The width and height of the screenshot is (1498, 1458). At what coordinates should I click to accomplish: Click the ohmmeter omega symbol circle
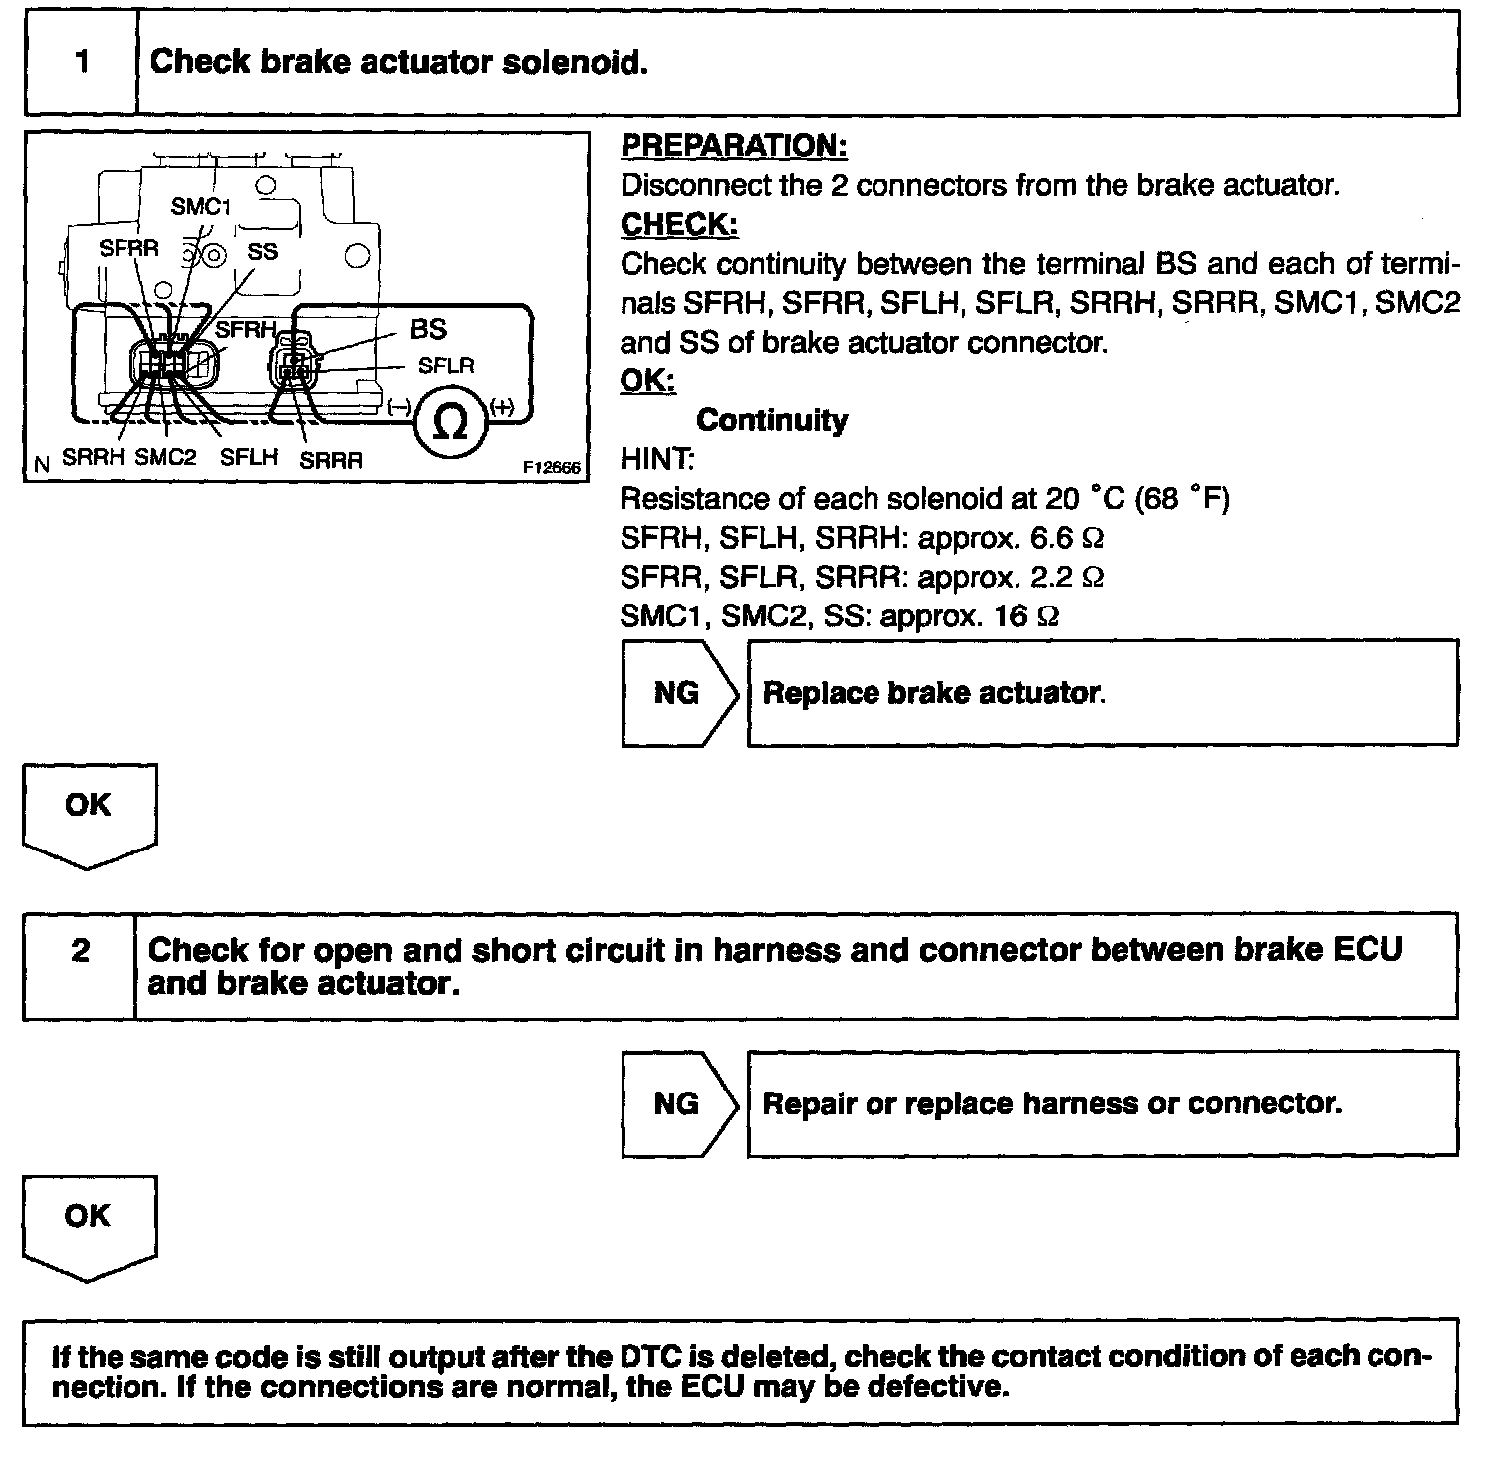452,423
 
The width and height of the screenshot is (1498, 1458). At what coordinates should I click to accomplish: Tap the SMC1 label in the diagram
200,206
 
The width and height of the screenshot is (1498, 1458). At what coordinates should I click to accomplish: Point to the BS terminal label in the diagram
428,329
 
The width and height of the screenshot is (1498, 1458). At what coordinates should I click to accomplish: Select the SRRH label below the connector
93,458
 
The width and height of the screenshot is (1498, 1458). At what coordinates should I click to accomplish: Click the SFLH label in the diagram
249,458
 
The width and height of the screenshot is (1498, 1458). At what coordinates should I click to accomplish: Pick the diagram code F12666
551,466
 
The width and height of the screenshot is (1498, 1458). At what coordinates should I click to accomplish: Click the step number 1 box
82,62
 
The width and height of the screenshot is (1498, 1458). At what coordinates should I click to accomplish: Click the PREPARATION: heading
733,146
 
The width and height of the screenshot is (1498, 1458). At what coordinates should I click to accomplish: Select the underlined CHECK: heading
679,225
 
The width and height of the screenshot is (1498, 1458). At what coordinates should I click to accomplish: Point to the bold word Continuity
772,420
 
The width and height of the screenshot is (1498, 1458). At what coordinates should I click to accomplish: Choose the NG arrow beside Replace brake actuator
679,692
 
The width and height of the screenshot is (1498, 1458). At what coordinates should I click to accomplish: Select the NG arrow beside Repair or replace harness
679,1103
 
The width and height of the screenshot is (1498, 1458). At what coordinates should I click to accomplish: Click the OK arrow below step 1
89,812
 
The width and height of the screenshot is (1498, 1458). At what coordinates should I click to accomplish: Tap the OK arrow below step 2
89,1223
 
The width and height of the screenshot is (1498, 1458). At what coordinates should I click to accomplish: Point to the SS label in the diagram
262,251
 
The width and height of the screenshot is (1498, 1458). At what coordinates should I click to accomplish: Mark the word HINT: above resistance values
656,459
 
